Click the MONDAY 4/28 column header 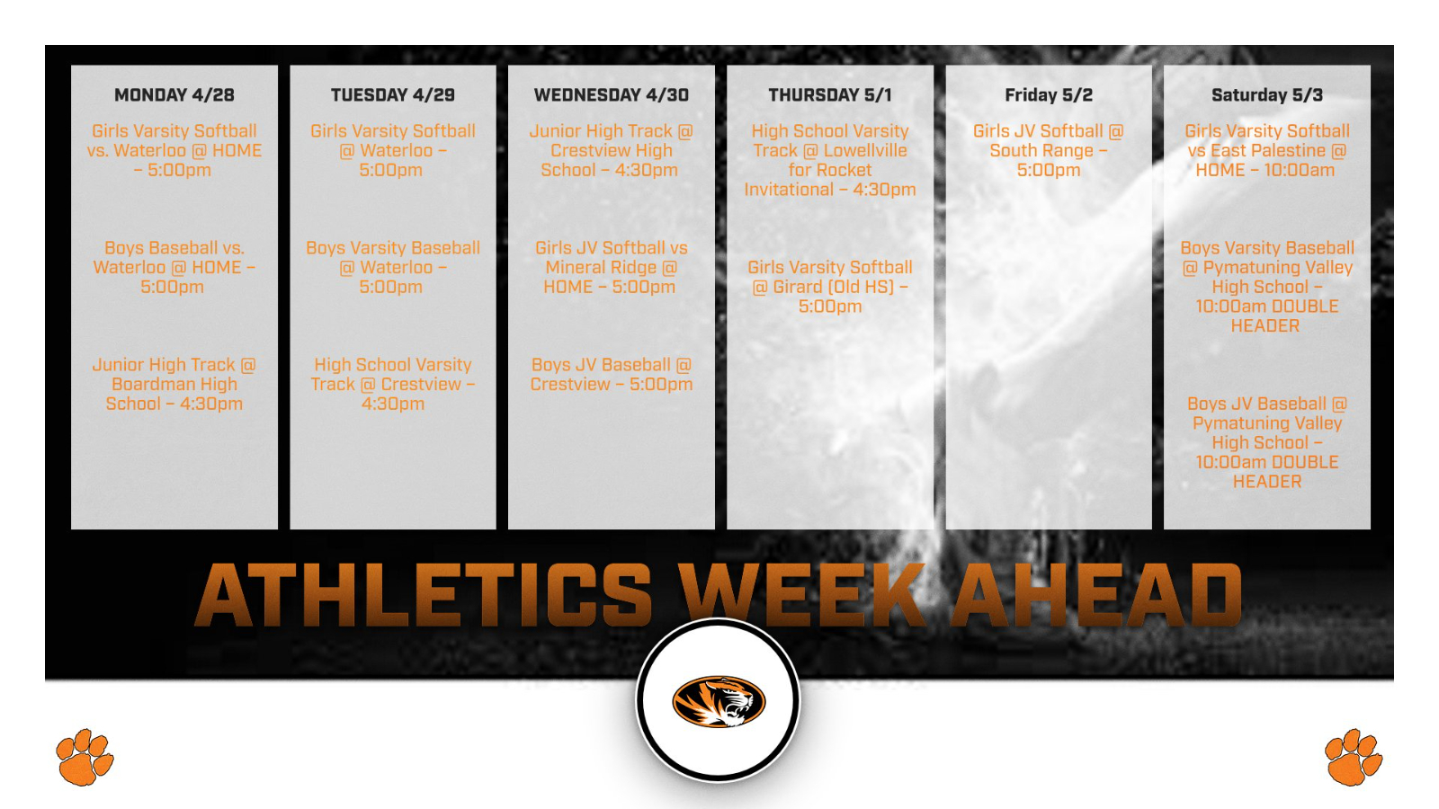[174, 95]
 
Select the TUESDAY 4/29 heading [392, 95]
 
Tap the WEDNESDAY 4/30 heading [611, 95]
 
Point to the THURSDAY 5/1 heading [829, 95]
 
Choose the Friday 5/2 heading [1048, 95]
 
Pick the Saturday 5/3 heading [1266, 95]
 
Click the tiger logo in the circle [719, 701]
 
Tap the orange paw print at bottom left [85, 757]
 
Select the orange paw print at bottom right [1353, 757]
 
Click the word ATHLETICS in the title [423, 595]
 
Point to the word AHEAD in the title [1097, 595]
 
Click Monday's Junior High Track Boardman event [174, 384]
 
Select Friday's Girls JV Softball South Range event [1048, 150]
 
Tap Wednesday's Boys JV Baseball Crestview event [611, 374]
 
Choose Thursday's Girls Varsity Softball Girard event [829, 287]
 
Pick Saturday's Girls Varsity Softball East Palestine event [1266, 150]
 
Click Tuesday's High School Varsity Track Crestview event [392, 384]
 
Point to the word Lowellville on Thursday [865, 151]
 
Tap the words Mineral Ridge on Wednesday [601, 268]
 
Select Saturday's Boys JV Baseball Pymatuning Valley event [1266, 442]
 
